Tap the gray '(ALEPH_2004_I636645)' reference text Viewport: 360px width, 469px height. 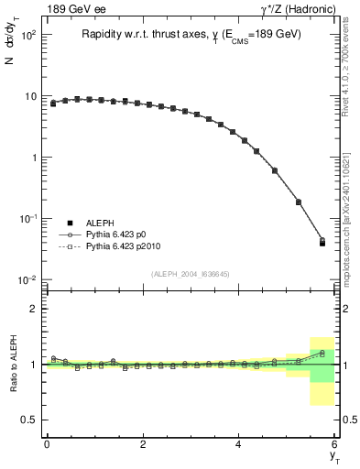[190, 273]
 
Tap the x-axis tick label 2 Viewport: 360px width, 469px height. [143, 444]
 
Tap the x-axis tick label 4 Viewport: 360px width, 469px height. [239, 444]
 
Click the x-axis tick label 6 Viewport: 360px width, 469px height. [335, 444]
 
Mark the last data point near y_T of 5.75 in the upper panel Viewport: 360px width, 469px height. [322, 243]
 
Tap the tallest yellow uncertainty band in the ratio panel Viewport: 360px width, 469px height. [322, 371]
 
